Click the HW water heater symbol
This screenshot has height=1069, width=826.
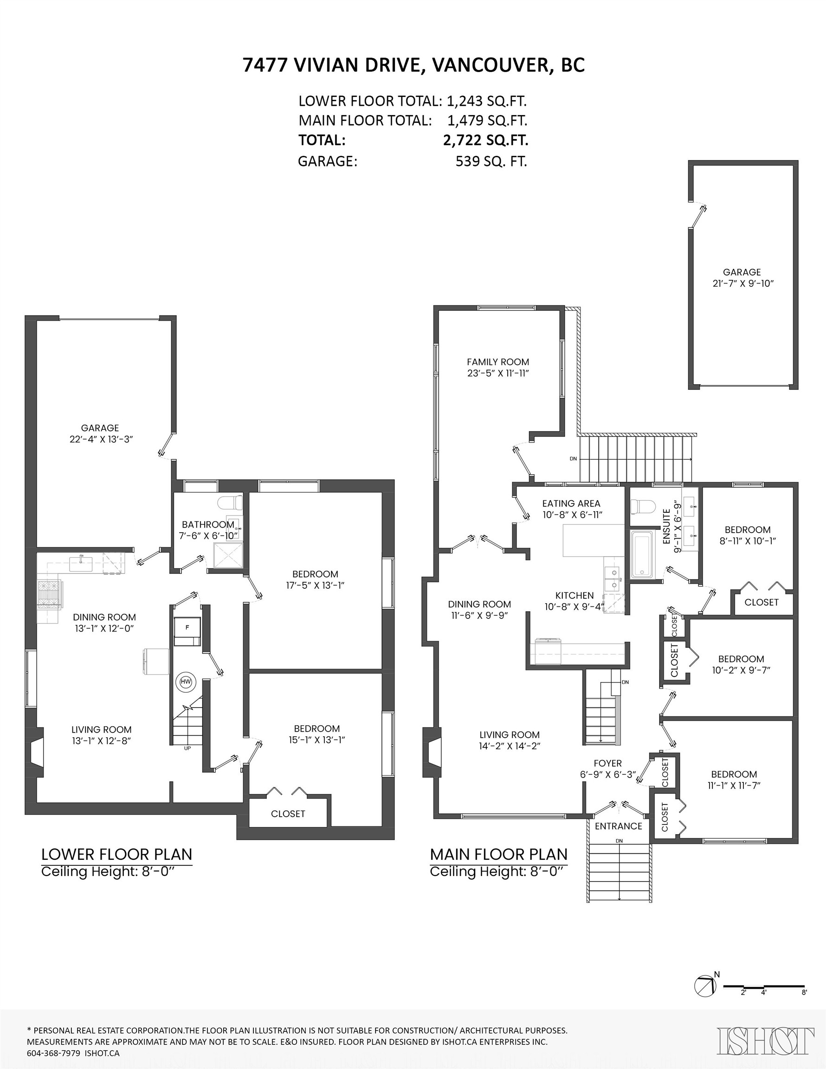(x=186, y=681)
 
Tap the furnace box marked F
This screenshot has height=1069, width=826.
(x=187, y=627)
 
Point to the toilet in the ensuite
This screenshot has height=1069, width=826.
(x=642, y=506)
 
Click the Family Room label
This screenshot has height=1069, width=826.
(x=497, y=362)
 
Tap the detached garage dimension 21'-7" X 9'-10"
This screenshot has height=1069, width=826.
(x=743, y=283)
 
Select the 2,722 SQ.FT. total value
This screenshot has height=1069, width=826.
(x=485, y=141)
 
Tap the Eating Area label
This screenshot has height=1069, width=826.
(x=571, y=503)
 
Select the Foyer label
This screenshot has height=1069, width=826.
(x=607, y=763)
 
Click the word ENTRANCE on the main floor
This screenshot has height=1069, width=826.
(x=619, y=826)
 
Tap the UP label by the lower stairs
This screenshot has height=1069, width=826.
(x=187, y=748)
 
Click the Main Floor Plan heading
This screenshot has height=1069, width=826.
(x=498, y=854)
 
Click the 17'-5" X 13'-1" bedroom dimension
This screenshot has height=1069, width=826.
(x=316, y=585)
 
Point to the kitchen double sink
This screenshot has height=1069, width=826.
(x=613, y=579)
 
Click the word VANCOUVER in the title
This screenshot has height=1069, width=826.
(x=490, y=65)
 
